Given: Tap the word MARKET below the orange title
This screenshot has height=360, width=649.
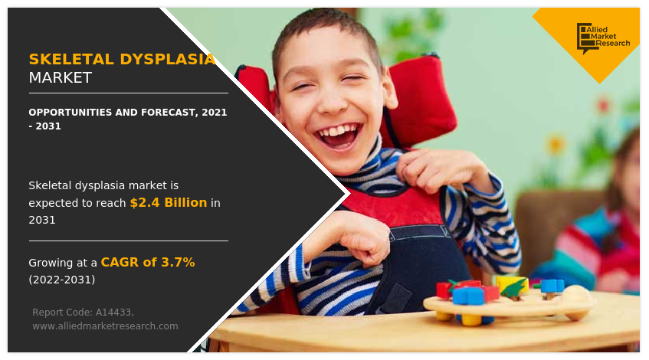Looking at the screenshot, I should click(x=60, y=78).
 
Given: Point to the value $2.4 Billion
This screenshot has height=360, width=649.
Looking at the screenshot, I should click(x=169, y=203).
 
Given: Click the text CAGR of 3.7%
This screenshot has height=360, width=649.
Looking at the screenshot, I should click(x=148, y=263).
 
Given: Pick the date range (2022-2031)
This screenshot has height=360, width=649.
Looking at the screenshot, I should click(x=62, y=280).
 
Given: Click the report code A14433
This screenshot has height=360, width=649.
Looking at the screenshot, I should click(x=114, y=313).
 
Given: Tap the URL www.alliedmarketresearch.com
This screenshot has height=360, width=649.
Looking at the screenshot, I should click(x=105, y=326).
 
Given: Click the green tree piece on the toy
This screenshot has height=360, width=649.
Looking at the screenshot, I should click(x=513, y=290).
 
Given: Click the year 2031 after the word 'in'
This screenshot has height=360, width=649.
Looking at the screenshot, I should click(x=41, y=220).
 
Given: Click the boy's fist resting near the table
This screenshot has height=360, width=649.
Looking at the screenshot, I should click(x=360, y=237).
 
